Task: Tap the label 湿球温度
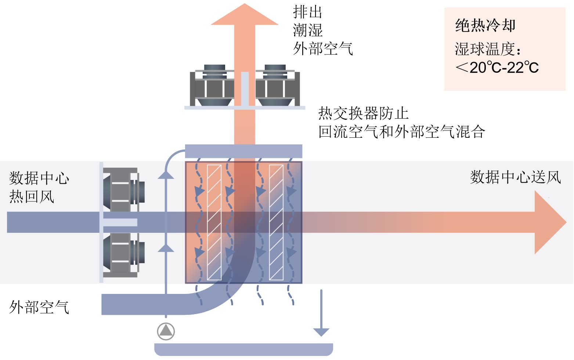coord(485,49)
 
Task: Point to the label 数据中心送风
coord(516,177)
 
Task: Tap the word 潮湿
coord(307,30)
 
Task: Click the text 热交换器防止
coord(363,113)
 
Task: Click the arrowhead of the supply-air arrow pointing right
coord(550,222)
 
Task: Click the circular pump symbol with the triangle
coord(166,331)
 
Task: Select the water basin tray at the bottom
coord(243,349)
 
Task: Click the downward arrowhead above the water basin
coord(321,332)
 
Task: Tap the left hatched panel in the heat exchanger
coord(214,222)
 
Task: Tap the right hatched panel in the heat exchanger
coord(276,222)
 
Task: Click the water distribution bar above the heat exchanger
coord(243,151)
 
